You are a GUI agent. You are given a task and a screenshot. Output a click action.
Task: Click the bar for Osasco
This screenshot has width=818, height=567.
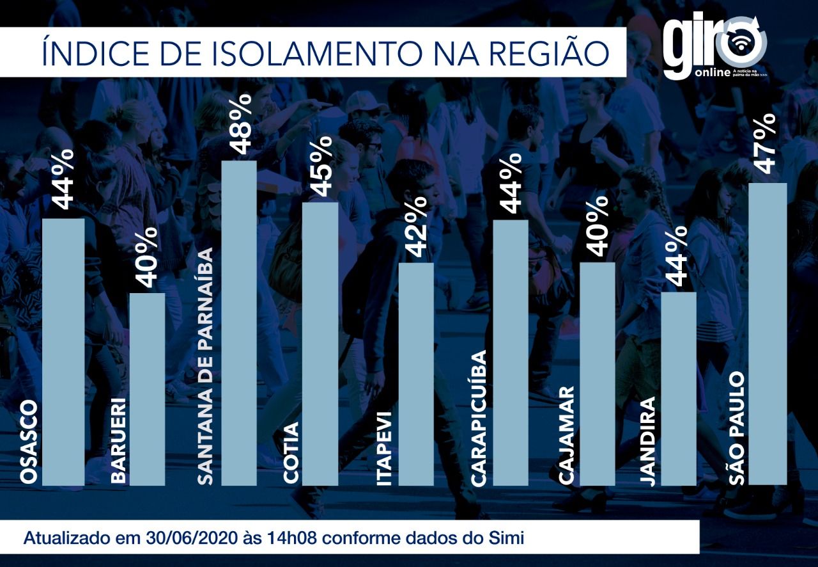63,352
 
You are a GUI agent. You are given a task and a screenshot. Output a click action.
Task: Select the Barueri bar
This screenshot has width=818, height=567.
148,389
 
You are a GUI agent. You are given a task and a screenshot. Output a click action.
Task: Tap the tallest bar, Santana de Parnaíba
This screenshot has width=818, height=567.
239,323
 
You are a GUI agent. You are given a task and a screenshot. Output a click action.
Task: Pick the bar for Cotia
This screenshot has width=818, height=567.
320,344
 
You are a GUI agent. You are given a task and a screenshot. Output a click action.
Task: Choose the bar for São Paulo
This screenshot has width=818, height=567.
768,334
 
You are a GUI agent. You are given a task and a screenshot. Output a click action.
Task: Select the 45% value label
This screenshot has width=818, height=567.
321,166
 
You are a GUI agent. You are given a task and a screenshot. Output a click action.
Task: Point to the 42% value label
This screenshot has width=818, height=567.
415,227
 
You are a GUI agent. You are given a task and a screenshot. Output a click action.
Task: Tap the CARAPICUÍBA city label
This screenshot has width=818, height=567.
479,418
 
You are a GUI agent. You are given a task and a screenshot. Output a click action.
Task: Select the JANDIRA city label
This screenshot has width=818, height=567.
648,442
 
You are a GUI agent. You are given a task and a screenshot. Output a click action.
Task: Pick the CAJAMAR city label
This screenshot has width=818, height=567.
566,435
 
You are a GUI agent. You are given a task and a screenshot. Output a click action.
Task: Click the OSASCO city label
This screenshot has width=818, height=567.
29,443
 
